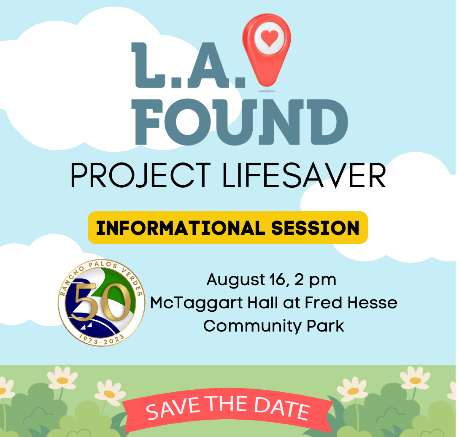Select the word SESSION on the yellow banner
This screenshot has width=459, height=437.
coord(315,228)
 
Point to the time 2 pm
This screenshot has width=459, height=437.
coord(315,280)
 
